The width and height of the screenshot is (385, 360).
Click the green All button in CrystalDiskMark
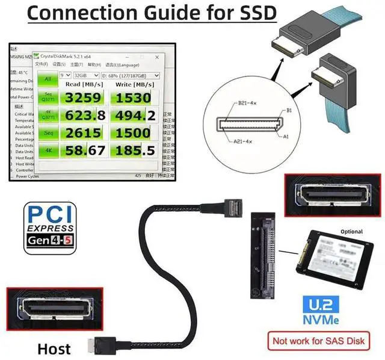tap(48, 79)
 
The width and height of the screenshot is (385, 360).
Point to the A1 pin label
tap(286, 137)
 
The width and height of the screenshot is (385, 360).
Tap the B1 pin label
tap(289, 111)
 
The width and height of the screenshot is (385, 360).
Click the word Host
tap(54, 348)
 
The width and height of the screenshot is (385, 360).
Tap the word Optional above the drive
tap(352, 231)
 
